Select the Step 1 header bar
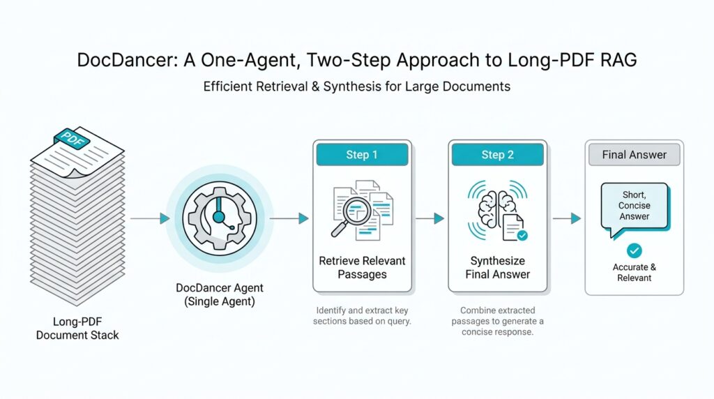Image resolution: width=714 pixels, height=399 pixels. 362,155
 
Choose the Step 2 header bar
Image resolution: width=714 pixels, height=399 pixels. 497,155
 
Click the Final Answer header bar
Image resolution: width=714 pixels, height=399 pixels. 634,155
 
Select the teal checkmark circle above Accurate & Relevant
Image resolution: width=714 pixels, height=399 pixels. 634,250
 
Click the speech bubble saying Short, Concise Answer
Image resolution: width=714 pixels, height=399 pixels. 634,206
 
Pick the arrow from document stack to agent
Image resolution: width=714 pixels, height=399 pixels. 150,218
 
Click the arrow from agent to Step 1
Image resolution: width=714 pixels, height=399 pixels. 289,218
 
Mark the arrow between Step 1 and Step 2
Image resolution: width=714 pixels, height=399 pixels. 430,218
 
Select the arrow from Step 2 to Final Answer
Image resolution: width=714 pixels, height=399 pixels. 566,218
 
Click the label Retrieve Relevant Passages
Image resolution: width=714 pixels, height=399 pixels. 362,268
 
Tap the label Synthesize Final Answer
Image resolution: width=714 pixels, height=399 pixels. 497,268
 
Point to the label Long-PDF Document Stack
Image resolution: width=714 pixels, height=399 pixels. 77,329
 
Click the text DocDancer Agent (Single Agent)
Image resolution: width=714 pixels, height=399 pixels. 220,294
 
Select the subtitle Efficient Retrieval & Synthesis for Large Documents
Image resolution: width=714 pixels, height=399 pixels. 356,87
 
